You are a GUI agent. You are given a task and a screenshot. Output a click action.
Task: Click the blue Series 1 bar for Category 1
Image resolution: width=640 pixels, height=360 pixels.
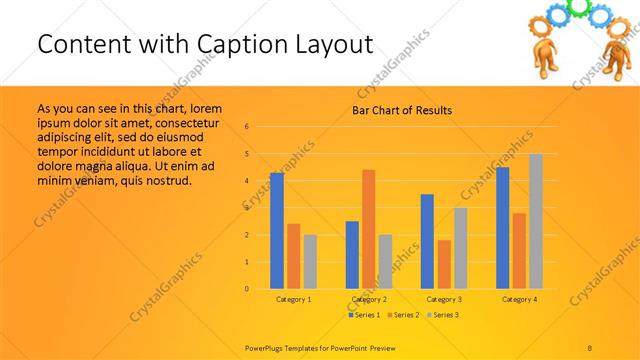coord(277,231)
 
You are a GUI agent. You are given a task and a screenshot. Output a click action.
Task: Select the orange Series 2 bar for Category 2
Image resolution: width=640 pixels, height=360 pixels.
coord(368,229)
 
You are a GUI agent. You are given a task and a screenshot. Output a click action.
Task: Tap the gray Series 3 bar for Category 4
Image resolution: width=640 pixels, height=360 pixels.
coord(535,221)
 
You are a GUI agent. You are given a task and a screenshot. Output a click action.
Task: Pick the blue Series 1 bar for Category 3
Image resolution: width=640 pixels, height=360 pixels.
coord(427,241)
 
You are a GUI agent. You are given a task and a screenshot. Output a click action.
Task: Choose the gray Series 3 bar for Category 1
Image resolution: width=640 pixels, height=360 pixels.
coord(310,262)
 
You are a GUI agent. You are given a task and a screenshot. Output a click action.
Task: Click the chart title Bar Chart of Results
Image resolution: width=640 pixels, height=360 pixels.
coord(402,110)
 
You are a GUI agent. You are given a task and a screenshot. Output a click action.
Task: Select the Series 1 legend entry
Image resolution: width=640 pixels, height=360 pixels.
coord(364,315)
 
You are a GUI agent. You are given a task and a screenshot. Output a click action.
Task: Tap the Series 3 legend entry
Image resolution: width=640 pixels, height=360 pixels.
coord(443,315)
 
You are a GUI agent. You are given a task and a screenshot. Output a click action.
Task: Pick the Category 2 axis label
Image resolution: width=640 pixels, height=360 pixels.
coord(369,299)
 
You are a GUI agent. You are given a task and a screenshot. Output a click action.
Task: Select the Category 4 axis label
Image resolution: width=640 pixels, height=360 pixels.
coord(519,299)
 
